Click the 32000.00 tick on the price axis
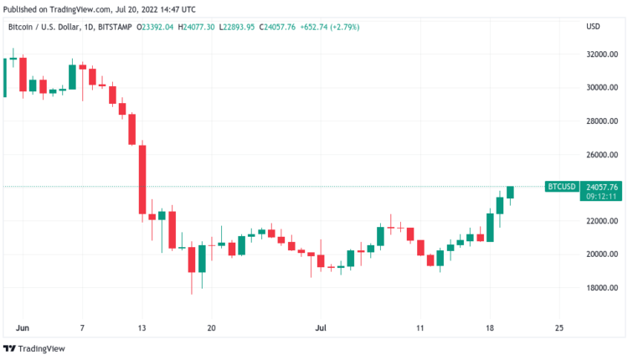(601, 54)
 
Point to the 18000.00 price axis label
(601, 288)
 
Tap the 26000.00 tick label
(601, 155)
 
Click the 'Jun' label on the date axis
(23, 327)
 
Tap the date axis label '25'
(559, 327)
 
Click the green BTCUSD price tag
(560, 187)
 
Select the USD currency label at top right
(594, 27)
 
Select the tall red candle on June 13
(142, 180)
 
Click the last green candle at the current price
(509, 192)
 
